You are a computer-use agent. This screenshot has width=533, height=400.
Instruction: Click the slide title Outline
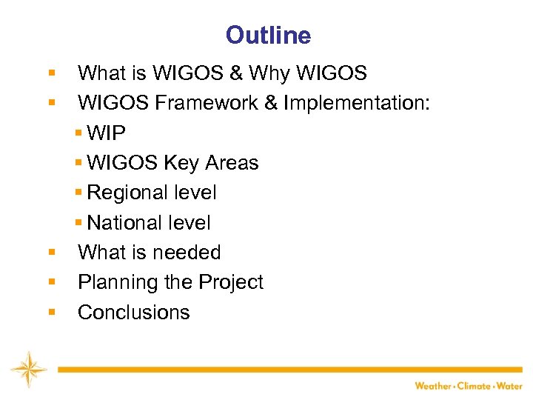point(268,35)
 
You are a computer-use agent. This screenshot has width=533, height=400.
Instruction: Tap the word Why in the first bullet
point(271,74)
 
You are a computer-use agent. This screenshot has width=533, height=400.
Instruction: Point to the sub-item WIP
point(107,133)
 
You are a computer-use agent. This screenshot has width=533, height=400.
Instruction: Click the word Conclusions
point(134,313)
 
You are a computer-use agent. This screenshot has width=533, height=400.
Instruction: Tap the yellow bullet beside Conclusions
point(52,313)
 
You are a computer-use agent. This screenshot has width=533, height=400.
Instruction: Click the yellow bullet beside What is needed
point(52,253)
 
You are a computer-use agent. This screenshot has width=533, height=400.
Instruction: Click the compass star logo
point(28,369)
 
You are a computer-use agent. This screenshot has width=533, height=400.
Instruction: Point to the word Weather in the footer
point(433,386)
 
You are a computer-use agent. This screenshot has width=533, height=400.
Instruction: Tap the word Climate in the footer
point(474,386)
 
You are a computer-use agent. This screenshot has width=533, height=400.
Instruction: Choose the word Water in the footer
point(509,386)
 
